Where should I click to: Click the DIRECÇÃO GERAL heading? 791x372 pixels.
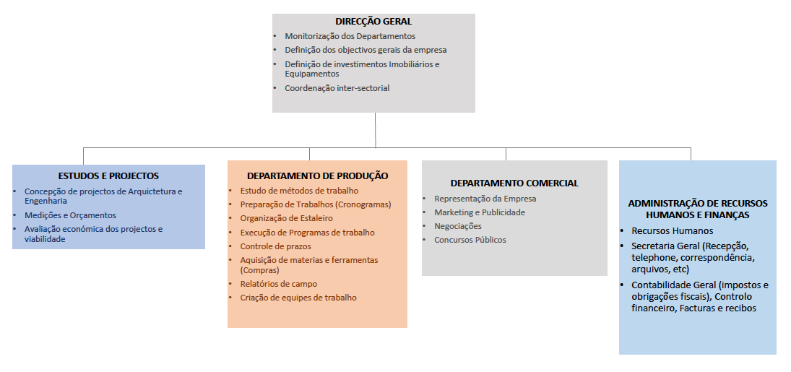click(x=373, y=22)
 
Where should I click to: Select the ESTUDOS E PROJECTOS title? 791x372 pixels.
click(x=108, y=176)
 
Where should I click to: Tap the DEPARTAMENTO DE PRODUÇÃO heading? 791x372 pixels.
click(x=318, y=176)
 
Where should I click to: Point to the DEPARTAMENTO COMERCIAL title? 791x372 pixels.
click(x=514, y=183)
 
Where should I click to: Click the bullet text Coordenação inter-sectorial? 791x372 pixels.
click(x=337, y=88)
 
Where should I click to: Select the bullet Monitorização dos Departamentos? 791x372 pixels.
click(x=350, y=36)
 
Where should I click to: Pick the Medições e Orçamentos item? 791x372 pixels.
click(x=71, y=215)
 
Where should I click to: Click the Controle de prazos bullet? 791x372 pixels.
click(x=276, y=246)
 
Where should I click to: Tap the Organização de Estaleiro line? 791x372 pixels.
click(x=287, y=219)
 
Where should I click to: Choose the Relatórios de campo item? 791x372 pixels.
click(x=279, y=284)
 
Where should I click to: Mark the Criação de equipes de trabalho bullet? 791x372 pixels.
click(x=298, y=298)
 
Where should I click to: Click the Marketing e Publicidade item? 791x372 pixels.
click(x=480, y=212)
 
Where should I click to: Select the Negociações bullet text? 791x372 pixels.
click(x=458, y=226)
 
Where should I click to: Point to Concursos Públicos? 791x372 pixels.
click(x=470, y=240)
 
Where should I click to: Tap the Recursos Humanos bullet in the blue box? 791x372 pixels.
click(x=673, y=230)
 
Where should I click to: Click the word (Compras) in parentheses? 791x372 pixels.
click(x=260, y=270)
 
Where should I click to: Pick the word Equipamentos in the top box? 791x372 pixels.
click(x=312, y=74)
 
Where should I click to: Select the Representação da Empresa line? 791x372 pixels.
click(x=485, y=199)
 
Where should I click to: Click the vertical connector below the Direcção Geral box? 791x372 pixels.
click(x=376, y=130)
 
